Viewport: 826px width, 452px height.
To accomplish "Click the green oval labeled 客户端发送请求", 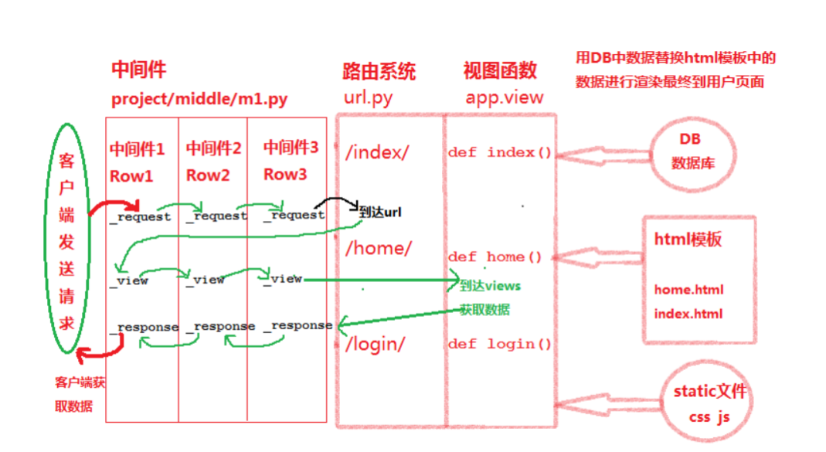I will pos(67,237).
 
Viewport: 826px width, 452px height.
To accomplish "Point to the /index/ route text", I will pos(377,152).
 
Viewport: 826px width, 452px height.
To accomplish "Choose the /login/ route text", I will pos(376,344).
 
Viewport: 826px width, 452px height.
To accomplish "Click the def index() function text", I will pos(499,152).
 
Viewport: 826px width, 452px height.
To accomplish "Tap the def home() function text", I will pos(495,257).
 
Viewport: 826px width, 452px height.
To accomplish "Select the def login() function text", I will pos(499,344).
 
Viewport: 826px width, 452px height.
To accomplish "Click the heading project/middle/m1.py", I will pos(199,99).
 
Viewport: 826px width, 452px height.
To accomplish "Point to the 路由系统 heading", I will pos(379,72).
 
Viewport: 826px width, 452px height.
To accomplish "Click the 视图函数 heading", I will pos(500,71).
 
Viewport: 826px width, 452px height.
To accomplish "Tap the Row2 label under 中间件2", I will pos(208,175).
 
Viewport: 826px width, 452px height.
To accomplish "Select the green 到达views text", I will pos(490,285).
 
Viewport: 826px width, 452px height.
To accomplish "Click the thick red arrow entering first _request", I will pos(111,206).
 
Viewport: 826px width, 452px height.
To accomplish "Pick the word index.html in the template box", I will pos(688,314).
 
